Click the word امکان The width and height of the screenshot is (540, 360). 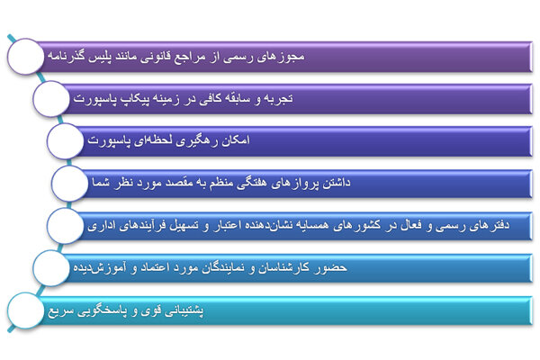[x=240, y=140]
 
